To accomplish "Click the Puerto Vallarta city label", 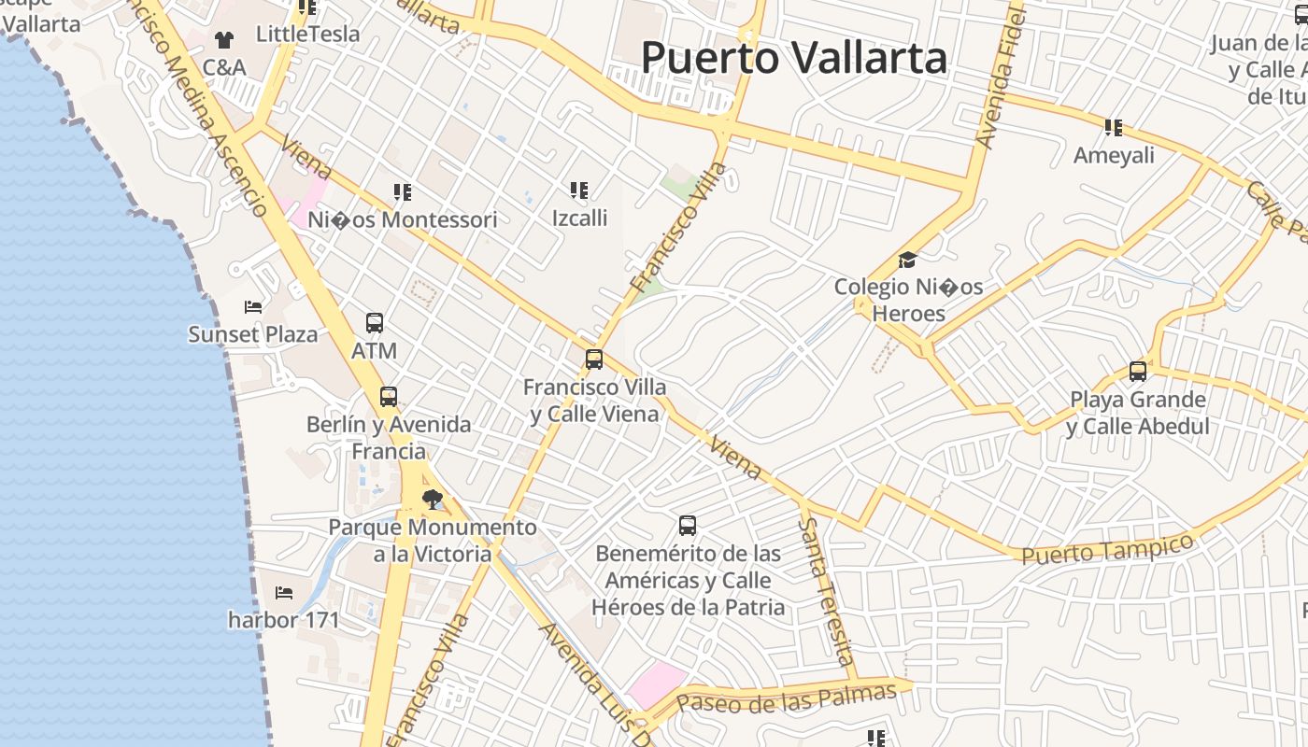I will point(794,58).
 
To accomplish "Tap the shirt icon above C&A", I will point(224,39).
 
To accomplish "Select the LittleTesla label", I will point(307,35).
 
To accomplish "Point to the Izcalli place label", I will point(579,218).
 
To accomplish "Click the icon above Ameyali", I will point(1113,127).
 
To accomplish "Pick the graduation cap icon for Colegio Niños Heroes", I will point(907,260).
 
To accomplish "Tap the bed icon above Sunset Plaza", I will point(252,306).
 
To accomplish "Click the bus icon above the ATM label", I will point(375,323).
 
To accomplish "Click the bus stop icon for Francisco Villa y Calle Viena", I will point(594,359).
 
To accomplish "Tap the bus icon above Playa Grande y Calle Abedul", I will point(1138,372).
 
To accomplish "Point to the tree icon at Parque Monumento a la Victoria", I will point(432,500).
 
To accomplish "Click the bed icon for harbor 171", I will point(284,592).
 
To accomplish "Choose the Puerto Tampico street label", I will point(1107,548).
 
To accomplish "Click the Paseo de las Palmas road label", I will point(786,697).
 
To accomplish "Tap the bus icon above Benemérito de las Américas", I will point(688,526).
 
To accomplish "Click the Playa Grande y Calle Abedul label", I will point(1138,413).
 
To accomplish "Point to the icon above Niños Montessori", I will point(403,192).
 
